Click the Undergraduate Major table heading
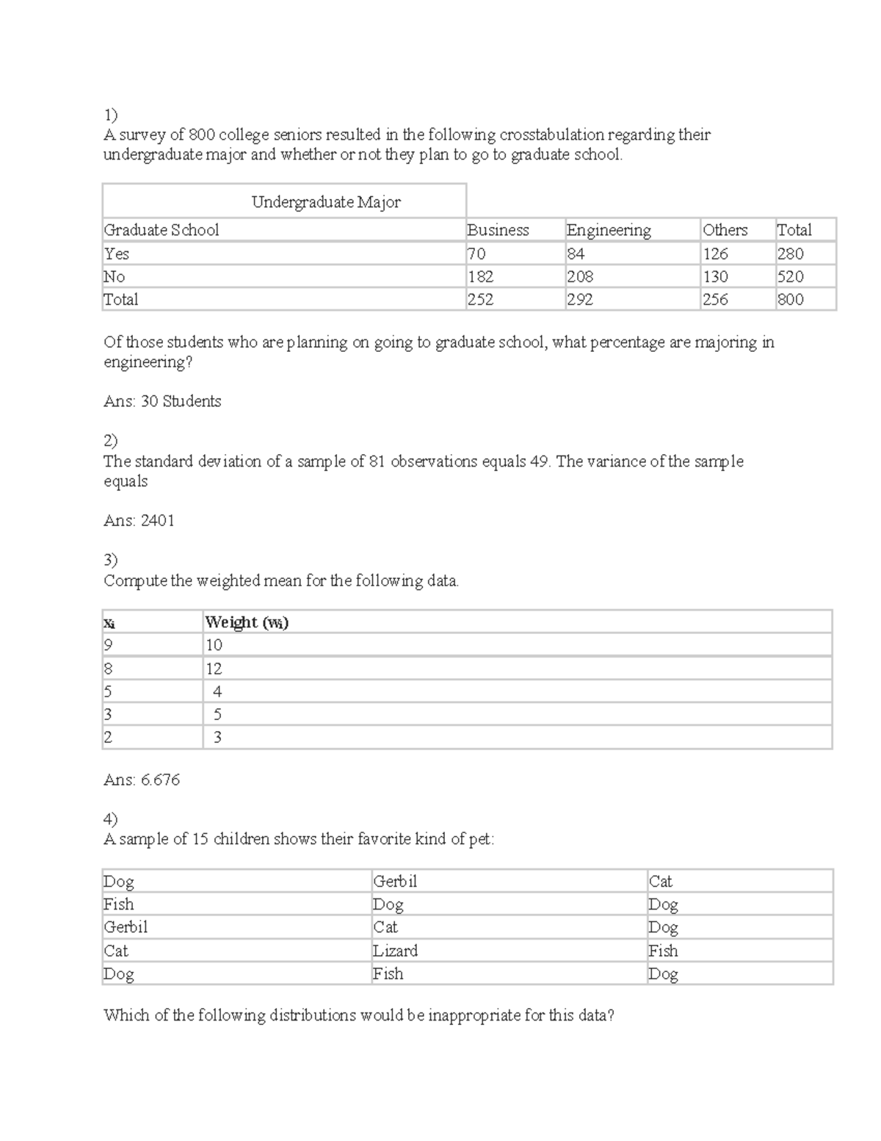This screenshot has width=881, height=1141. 326,202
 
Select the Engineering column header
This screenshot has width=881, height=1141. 609,230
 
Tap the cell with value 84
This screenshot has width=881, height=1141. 576,253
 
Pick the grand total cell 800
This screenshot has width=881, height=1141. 790,299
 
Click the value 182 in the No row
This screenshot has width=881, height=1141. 480,276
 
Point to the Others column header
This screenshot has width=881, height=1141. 725,230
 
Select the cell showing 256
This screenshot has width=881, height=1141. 715,299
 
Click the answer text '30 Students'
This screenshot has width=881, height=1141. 181,401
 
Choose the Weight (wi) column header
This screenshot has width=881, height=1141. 247,622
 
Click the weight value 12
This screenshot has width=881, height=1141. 214,669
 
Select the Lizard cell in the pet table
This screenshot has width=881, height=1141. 395,951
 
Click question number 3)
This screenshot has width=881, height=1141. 110,560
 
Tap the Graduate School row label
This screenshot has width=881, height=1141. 162,230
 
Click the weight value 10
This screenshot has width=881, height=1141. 214,645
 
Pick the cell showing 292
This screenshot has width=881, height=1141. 579,299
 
